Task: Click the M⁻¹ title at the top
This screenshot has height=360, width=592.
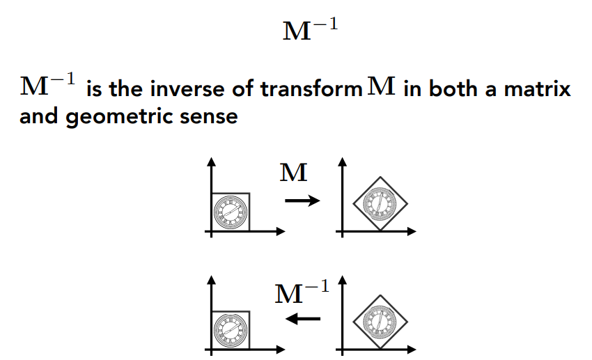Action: (309, 30)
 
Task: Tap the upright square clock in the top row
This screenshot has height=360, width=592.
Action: (230, 211)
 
